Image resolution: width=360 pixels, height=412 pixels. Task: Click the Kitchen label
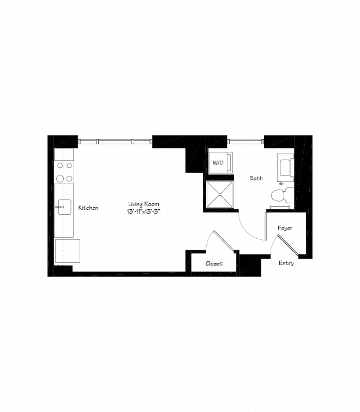point(88,208)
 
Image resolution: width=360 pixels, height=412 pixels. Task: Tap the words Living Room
point(144,204)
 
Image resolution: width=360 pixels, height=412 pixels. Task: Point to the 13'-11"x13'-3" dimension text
point(144,211)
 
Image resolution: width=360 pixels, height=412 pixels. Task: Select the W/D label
point(218,163)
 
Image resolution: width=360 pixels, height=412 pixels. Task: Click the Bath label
point(256,178)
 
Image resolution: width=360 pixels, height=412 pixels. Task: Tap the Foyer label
point(285,228)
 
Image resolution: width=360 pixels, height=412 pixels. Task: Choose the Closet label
point(214,263)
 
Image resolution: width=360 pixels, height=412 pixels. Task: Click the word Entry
point(286,263)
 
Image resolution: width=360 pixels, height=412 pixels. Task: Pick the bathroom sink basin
point(285,166)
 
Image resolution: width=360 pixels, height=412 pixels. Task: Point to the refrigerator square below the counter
point(68,250)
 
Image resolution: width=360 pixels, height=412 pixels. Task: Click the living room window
point(115,141)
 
